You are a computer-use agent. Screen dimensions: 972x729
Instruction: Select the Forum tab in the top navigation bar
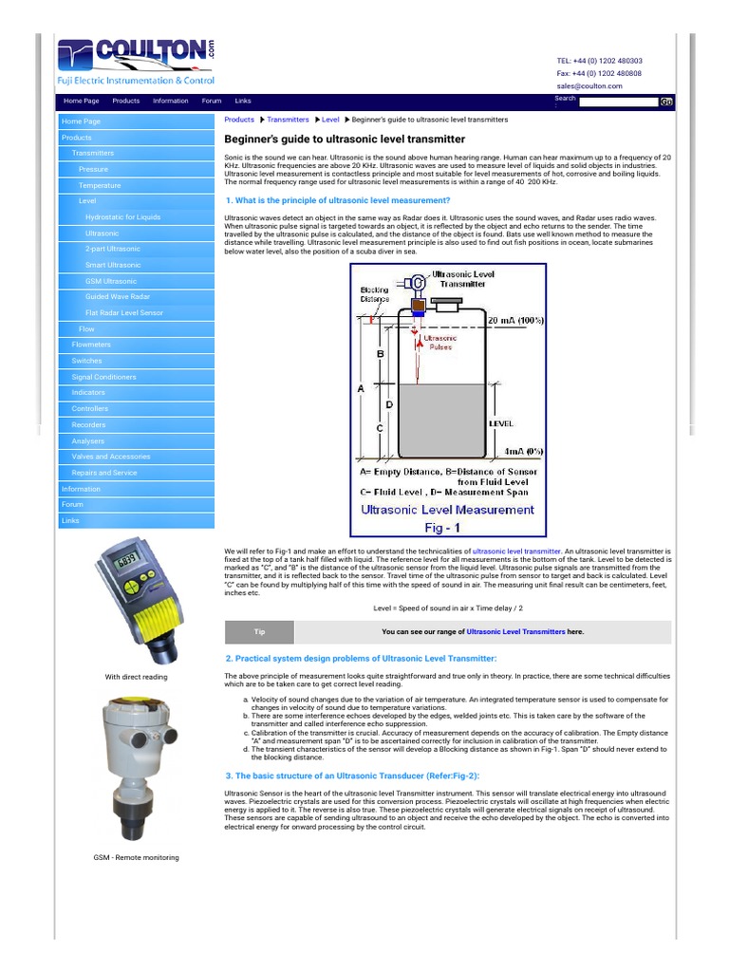(x=211, y=101)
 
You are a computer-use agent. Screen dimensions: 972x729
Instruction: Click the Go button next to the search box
(x=666, y=102)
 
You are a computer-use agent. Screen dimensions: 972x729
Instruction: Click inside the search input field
(x=618, y=102)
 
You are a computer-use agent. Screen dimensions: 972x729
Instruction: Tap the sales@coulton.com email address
(x=589, y=85)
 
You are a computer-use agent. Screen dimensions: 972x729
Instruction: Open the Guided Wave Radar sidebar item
(x=117, y=297)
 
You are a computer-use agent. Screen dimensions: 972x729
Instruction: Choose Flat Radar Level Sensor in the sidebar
(x=123, y=313)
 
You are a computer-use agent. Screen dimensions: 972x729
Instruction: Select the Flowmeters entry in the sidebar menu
(x=91, y=345)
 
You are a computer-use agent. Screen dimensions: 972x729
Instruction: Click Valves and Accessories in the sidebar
(x=111, y=457)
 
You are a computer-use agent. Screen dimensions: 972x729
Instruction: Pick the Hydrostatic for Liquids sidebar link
(x=122, y=217)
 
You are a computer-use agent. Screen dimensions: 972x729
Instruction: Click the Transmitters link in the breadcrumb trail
(x=288, y=120)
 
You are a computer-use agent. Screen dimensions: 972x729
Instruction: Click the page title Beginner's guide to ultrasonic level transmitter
(x=338, y=139)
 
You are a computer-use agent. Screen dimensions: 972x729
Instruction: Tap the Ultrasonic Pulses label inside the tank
(x=440, y=343)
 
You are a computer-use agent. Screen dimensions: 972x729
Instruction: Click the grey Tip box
(x=259, y=631)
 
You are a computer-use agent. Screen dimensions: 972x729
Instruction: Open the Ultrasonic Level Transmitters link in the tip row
(x=515, y=631)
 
